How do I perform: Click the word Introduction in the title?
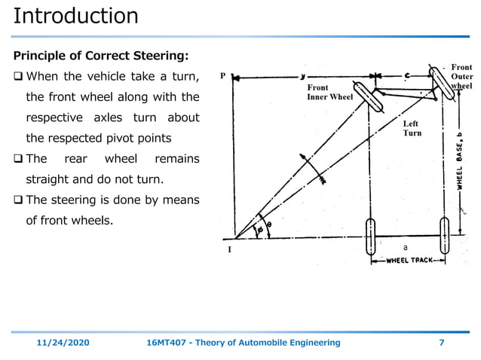point(76,16)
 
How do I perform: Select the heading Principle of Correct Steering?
point(101,56)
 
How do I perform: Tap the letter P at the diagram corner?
point(222,76)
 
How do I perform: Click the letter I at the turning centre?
point(229,250)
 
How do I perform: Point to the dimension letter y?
point(303,76)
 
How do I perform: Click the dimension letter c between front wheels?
point(407,75)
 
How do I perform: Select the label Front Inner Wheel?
point(329,93)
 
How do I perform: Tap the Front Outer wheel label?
point(461,77)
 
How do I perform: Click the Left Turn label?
point(412,128)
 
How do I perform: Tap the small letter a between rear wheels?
point(405,247)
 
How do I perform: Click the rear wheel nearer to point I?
point(370,236)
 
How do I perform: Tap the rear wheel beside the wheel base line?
point(443,236)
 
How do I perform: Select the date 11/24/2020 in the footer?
point(63,343)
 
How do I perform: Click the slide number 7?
point(441,343)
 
